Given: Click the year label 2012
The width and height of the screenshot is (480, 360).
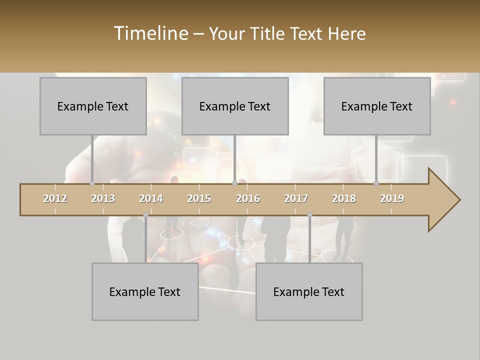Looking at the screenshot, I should pyautogui.click(x=55, y=198).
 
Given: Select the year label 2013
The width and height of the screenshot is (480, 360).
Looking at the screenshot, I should pyautogui.click(x=103, y=198).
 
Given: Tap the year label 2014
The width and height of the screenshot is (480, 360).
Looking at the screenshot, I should pyautogui.click(x=151, y=198).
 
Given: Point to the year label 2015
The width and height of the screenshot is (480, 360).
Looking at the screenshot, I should pyautogui.click(x=199, y=198).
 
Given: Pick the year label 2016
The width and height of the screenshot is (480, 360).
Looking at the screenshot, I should pyautogui.click(x=248, y=198).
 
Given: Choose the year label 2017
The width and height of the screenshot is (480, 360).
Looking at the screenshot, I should pyautogui.click(x=296, y=198).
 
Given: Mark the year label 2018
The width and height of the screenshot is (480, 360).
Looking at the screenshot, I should pyautogui.click(x=344, y=198).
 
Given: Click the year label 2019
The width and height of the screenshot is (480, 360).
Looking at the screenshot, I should pyautogui.click(x=392, y=198).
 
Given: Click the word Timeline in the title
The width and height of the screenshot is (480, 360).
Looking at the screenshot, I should pyautogui.click(x=150, y=33).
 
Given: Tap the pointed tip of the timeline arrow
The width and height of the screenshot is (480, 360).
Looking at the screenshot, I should pyautogui.click(x=458, y=200).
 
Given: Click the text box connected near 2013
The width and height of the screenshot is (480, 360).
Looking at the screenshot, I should pyautogui.click(x=93, y=106).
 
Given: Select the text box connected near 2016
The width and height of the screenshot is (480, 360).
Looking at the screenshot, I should pyautogui.click(x=235, y=106).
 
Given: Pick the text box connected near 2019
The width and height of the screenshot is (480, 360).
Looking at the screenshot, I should pyautogui.click(x=377, y=106).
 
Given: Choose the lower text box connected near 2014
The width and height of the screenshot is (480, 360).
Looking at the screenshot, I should pyautogui.click(x=145, y=291).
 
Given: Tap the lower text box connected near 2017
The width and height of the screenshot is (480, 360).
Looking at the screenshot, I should pyautogui.click(x=309, y=291).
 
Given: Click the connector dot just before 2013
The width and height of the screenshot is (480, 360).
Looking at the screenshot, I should pyautogui.click(x=92, y=183).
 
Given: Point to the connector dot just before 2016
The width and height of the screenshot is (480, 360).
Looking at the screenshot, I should pyautogui.click(x=234, y=183).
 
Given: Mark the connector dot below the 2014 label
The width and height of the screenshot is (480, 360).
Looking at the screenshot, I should pyautogui.click(x=145, y=215).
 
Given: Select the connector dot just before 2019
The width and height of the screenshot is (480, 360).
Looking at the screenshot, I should pyautogui.click(x=376, y=183).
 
